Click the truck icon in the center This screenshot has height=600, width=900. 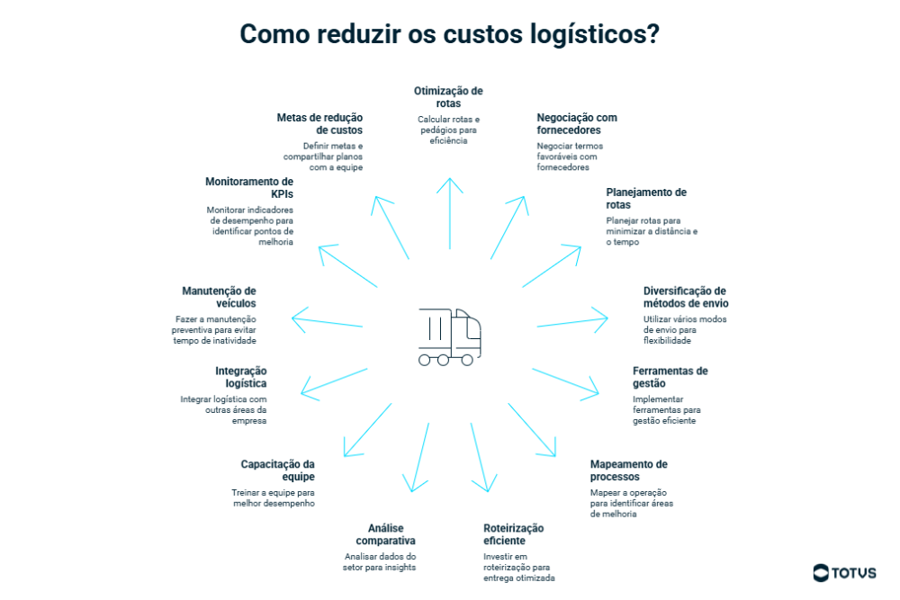click(x=449, y=337)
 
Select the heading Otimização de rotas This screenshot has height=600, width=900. click(x=448, y=97)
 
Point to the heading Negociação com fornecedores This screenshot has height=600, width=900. click(x=577, y=124)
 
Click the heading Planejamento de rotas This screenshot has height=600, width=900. click(x=646, y=199)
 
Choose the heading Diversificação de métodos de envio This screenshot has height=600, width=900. click(x=685, y=297)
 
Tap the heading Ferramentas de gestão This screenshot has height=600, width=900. click(x=670, y=377)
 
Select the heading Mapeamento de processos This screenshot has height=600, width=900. click(x=628, y=470)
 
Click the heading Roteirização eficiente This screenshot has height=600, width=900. click(x=514, y=534)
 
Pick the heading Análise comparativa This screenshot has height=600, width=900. click(x=385, y=534)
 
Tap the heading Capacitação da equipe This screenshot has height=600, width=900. click(x=277, y=470)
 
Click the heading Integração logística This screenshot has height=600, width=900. click(x=240, y=377)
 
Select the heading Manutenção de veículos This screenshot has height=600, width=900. click(x=219, y=297)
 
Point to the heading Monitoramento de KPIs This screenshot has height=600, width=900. click(x=249, y=187)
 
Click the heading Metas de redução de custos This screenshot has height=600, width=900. click(x=319, y=124)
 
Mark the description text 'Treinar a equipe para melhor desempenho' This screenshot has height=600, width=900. click(x=274, y=498)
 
